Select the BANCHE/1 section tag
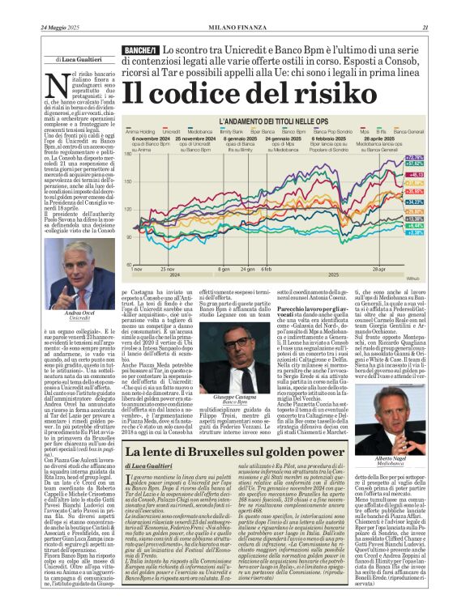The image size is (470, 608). coord(140,51)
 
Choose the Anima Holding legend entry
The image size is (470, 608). coord(142,130)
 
